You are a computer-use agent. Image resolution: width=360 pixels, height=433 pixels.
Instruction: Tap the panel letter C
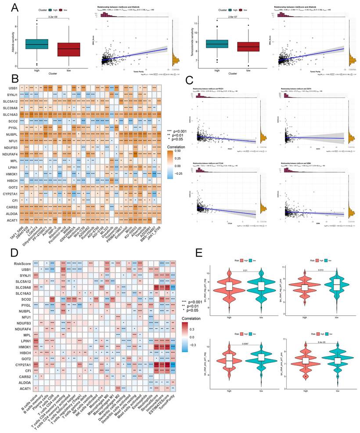(189, 80)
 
